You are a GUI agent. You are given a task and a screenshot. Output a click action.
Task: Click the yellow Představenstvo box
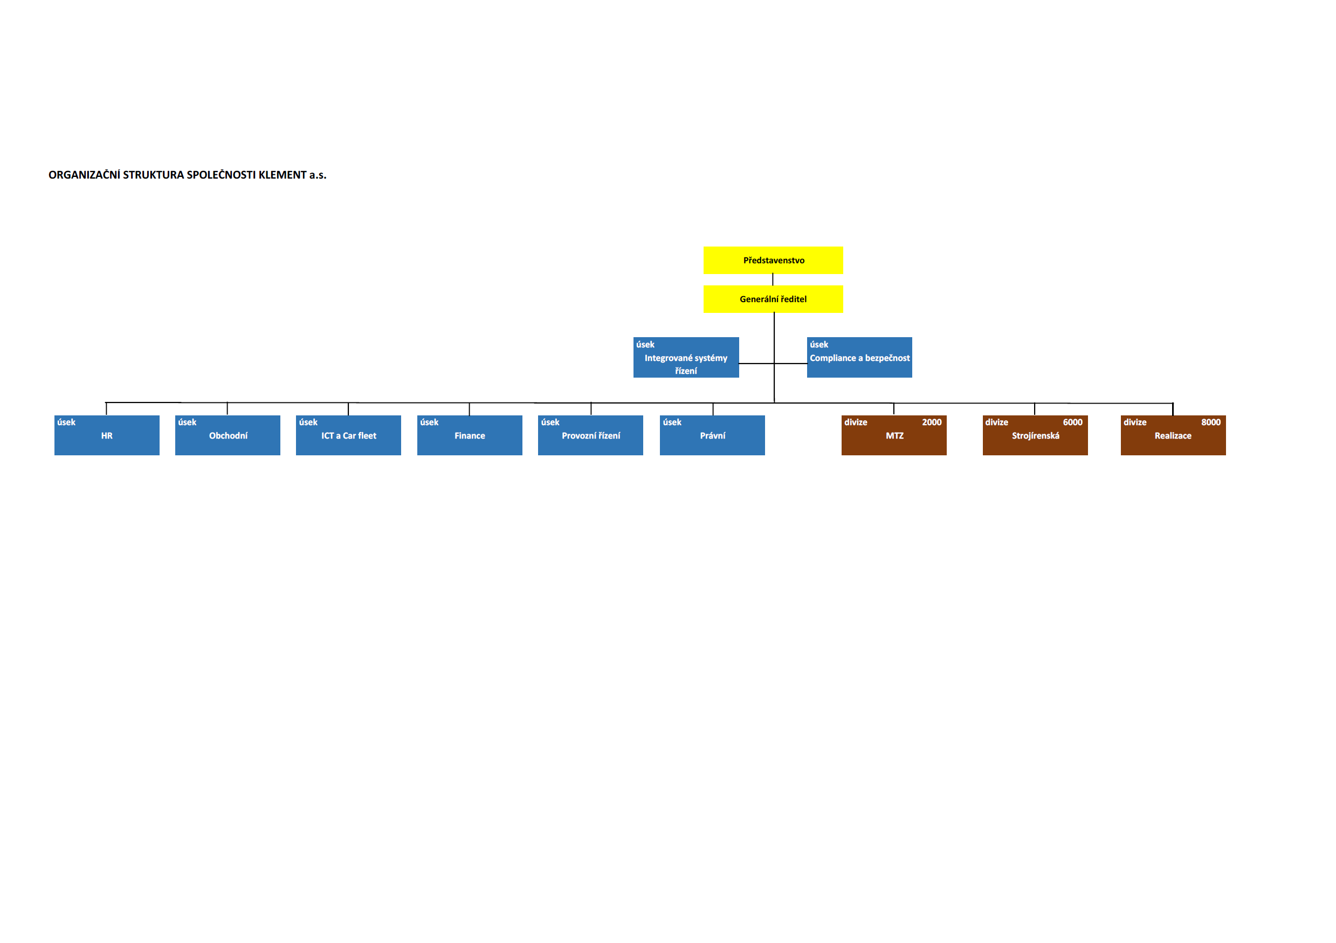click(773, 260)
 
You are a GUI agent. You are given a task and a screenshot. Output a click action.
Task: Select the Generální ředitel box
click(773, 299)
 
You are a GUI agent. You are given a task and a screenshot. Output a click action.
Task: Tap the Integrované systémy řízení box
click(686, 358)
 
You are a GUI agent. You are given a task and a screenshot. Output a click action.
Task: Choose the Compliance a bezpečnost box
click(859, 358)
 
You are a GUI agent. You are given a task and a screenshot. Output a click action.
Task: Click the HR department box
click(107, 435)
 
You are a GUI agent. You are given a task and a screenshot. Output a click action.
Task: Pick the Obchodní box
click(228, 435)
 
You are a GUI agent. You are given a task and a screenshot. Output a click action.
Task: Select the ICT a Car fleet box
click(348, 435)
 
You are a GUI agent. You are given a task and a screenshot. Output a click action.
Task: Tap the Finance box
click(470, 435)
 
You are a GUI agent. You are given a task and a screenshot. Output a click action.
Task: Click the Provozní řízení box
click(590, 435)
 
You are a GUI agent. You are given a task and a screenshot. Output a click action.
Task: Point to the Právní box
click(712, 435)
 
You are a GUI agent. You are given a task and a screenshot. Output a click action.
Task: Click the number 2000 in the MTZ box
click(932, 422)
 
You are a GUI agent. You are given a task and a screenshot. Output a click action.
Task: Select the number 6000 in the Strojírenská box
click(1072, 422)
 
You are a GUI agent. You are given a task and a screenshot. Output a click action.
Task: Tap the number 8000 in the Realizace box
click(1211, 422)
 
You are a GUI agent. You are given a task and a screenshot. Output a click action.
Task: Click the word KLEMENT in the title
click(282, 175)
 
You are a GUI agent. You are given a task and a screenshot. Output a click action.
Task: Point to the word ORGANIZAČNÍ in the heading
click(84, 175)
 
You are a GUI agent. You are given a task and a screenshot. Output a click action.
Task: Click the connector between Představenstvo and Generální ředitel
click(773, 280)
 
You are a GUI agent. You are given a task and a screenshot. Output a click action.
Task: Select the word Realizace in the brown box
click(1173, 436)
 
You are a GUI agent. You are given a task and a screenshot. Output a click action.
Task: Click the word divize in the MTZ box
click(856, 422)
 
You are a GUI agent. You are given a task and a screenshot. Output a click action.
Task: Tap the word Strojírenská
click(1035, 436)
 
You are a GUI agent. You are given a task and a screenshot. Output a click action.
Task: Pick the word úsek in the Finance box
click(429, 422)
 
